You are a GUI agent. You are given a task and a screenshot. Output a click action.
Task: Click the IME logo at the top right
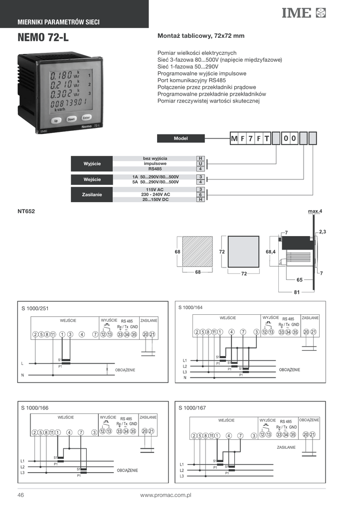[303, 13]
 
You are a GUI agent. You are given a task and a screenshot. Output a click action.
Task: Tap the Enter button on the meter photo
[86, 118]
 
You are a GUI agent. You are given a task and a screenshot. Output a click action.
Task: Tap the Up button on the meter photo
[56, 121]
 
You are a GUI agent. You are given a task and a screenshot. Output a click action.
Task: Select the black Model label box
[180, 138]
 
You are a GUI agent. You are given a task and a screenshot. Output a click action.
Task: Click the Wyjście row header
[92, 163]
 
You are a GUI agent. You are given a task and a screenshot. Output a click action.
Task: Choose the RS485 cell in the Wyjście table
[155, 168]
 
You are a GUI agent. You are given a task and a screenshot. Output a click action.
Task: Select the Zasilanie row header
[92, 194]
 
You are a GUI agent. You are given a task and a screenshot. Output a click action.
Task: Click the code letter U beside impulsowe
[200, 163]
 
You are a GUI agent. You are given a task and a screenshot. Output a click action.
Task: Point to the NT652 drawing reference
[26, 211]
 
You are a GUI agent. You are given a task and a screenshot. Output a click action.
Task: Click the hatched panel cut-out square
[197, 252]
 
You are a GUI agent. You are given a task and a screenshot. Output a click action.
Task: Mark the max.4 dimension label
[315, 212]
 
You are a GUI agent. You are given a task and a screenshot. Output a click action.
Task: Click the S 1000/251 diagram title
[35, 308]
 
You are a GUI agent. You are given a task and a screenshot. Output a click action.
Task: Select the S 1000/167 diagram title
[192, 408]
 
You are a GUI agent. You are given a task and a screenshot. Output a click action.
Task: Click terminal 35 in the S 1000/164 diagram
[295, 332]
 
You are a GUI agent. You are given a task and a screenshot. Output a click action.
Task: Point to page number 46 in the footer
[21, 496]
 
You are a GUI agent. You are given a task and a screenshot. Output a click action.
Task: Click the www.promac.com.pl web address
[166, 496]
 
